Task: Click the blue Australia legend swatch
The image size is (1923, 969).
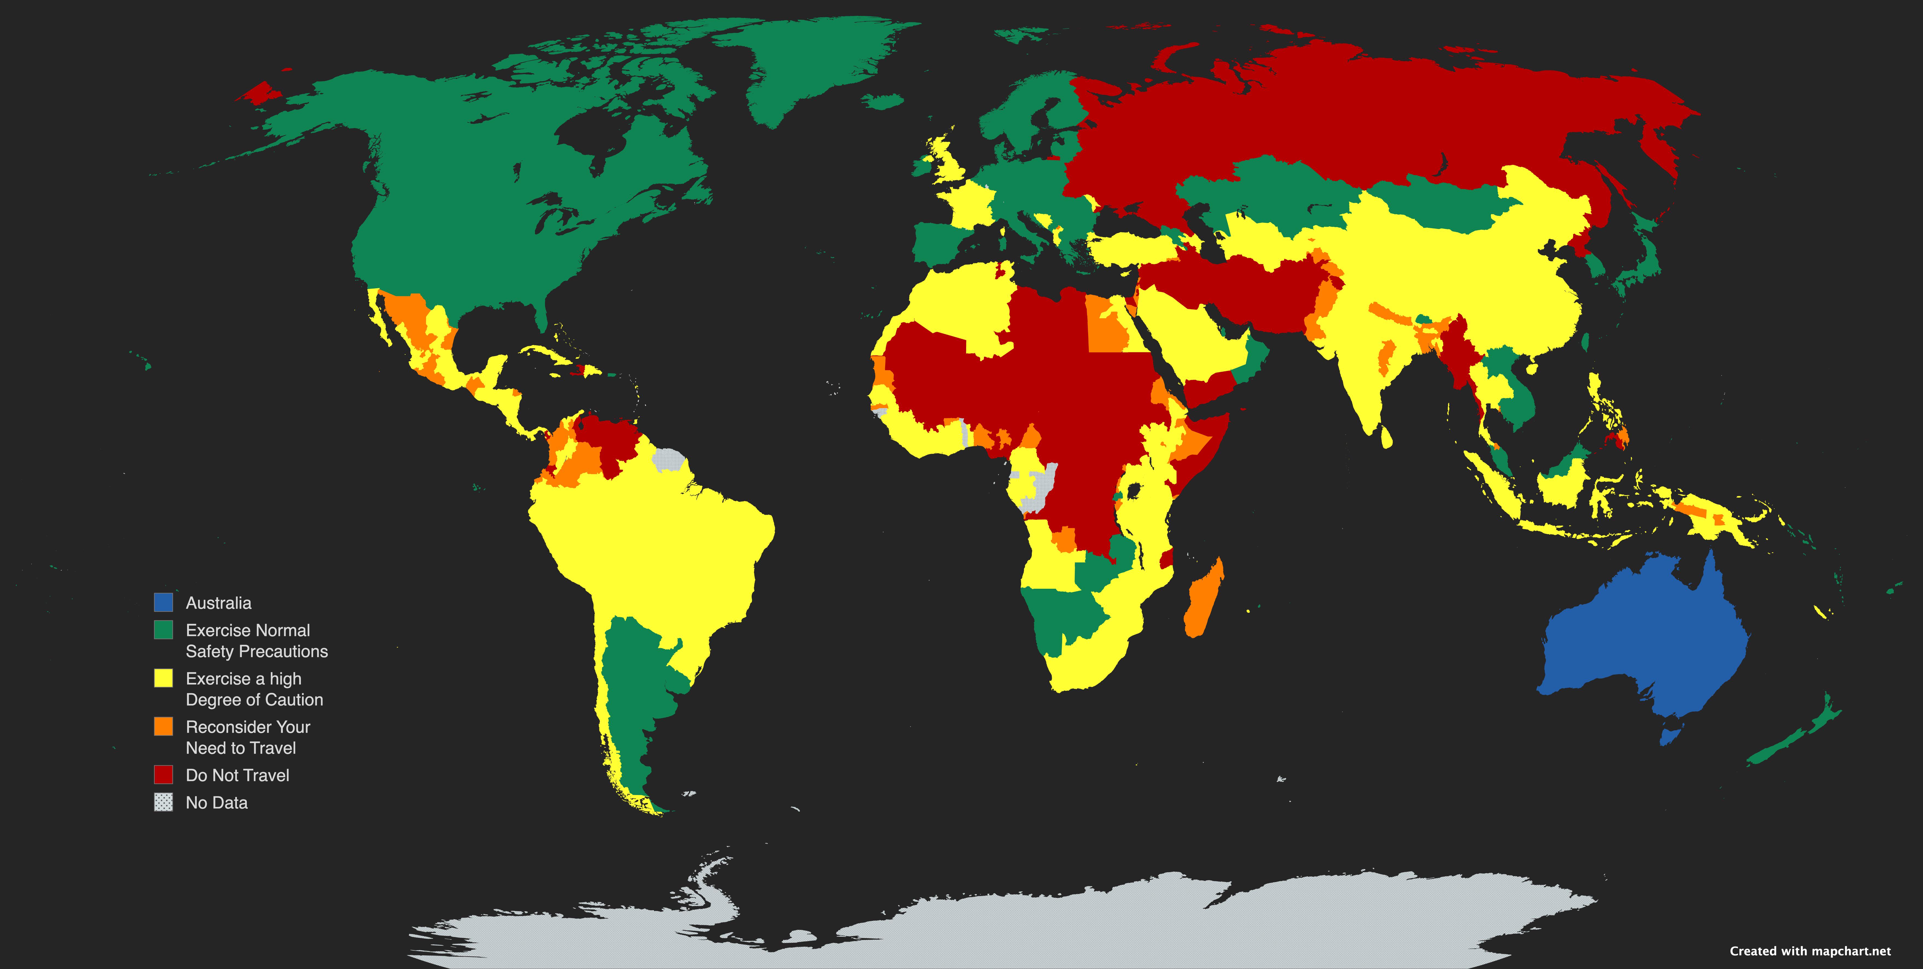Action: point(164,602)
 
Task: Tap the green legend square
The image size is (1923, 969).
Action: point(164,630)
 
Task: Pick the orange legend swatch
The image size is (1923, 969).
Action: point(164,726)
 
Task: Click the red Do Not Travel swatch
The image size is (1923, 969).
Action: point(164,775)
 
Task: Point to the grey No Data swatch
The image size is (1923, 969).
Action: point(164,802)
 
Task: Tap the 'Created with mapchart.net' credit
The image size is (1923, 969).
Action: point(1810,951)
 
